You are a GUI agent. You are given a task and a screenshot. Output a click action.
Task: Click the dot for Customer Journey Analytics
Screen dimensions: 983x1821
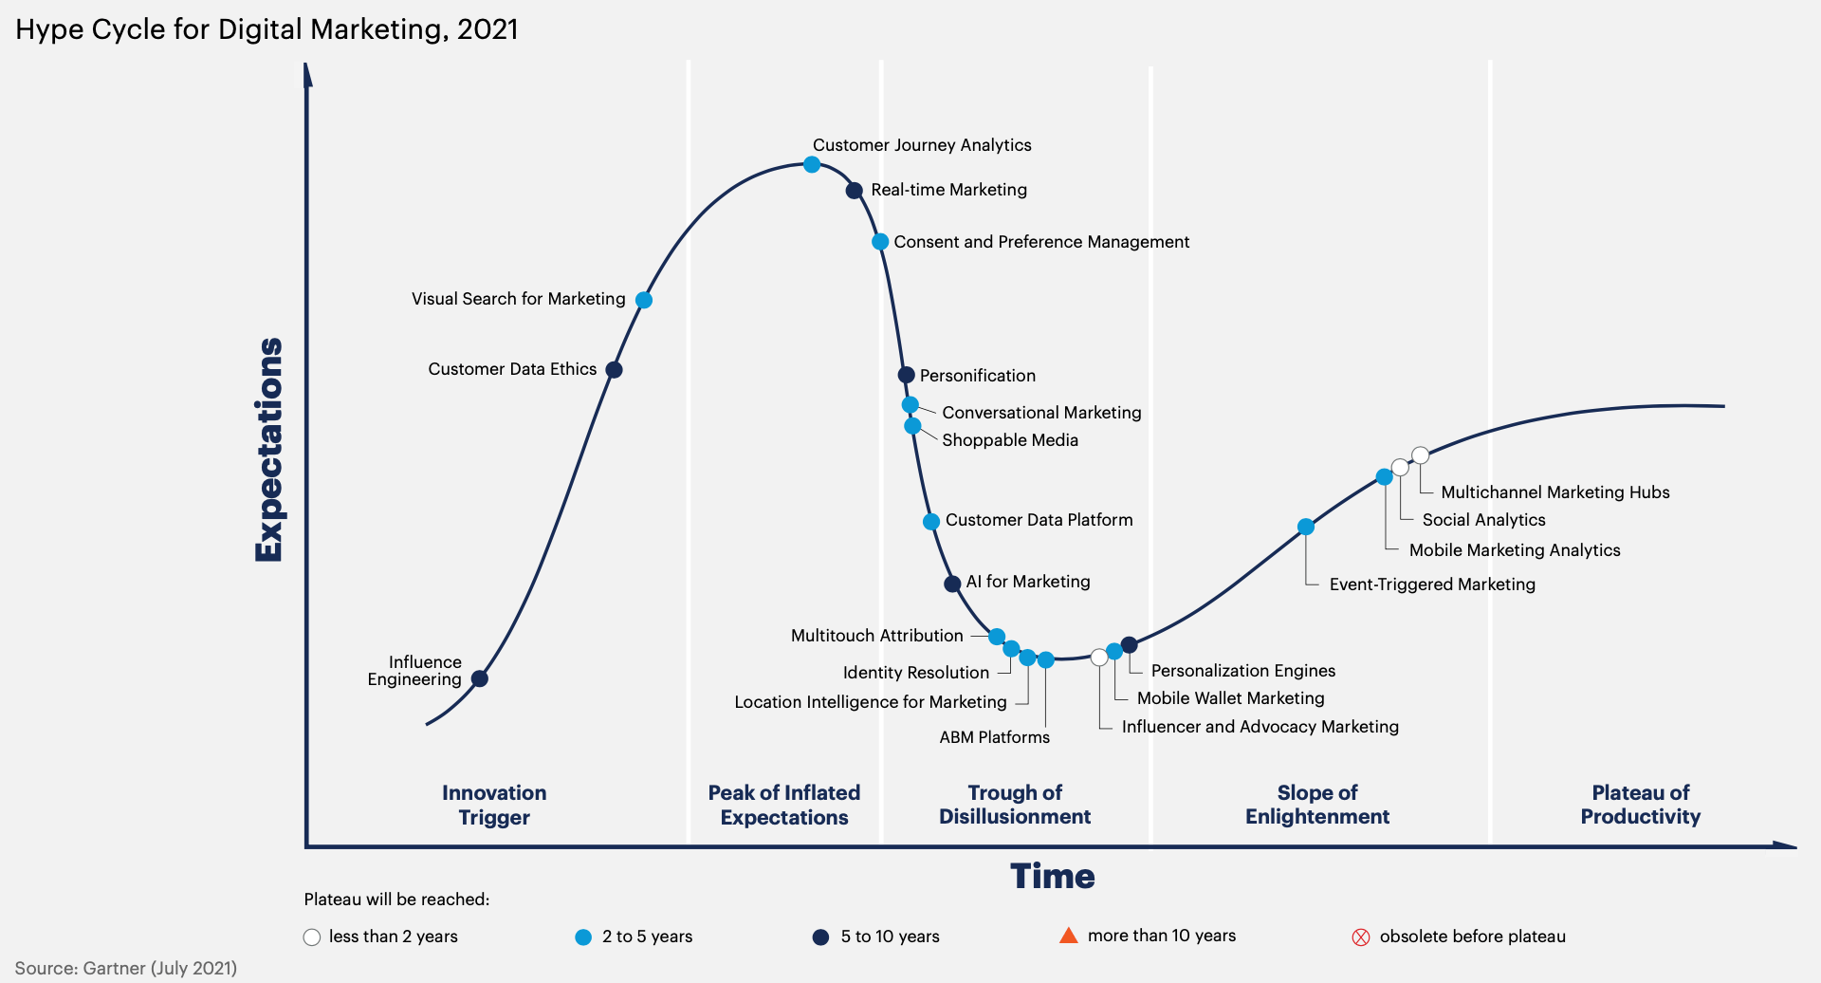coord(812,164)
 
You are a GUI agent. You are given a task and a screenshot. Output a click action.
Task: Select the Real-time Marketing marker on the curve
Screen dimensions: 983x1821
coord(854,191)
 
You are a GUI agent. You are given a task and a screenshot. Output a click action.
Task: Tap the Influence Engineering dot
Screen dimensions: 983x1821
coord(480,678)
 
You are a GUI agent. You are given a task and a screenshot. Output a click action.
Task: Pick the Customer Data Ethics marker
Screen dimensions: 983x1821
coord(614,370)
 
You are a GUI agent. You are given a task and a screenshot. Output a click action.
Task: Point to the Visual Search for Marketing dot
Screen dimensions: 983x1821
coord(644,300)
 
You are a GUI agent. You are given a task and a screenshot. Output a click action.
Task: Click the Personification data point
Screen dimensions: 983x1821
coord(906,375)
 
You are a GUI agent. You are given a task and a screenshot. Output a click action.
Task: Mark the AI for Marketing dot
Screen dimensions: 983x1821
coord(952,584)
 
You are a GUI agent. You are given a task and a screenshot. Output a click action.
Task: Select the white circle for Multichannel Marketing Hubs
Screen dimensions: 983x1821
coord(1420,455)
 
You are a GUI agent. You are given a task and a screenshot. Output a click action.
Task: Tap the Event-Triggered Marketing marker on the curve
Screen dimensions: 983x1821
coord(1306,527)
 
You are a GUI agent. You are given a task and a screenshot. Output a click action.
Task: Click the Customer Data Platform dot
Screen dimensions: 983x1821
coord(931,522)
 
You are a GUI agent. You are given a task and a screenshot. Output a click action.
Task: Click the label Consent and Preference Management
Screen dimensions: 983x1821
coord(1040,242)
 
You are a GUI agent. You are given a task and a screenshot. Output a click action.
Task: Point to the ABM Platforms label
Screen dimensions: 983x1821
coord(994,737)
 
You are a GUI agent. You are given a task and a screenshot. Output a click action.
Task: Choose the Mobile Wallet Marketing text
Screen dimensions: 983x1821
coord(1230,698)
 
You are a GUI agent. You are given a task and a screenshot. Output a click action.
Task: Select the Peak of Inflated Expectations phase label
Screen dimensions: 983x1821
coord(783,805)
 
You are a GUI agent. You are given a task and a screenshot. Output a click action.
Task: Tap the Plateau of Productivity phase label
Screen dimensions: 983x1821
coord(1640,805)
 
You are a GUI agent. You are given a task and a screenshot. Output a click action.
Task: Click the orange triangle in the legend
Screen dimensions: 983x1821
coord(1068,936)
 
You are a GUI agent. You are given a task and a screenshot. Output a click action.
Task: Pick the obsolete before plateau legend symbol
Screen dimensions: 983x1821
coord(1360,937)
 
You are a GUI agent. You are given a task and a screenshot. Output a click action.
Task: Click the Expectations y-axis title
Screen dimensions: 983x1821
coord(269,450)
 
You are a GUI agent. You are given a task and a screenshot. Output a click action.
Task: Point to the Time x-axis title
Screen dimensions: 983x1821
coord(1052,876)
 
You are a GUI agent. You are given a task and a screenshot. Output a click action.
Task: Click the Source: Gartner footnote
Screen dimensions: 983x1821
coord(126,968)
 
